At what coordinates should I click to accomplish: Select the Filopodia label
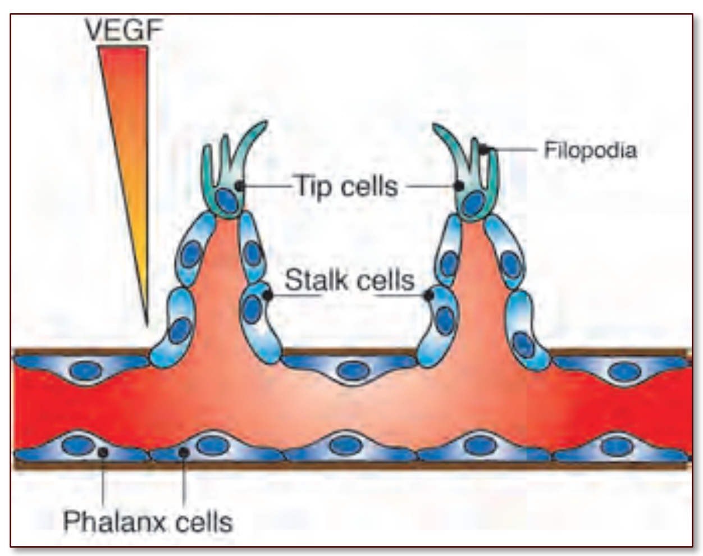pos(590,150)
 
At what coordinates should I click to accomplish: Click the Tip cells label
pos(346,185)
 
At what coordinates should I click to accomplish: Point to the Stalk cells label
pos(349,280)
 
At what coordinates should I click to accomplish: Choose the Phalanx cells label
pos(148,521)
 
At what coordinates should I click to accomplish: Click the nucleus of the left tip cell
pos(226,200)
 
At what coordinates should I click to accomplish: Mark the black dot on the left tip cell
pos(240,185)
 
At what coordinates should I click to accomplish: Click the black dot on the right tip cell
pos(459,185)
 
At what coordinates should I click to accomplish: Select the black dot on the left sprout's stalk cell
pos(268,294)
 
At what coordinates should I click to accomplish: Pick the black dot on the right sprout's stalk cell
pos(430,294)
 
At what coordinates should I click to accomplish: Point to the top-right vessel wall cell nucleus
pos(622,371)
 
